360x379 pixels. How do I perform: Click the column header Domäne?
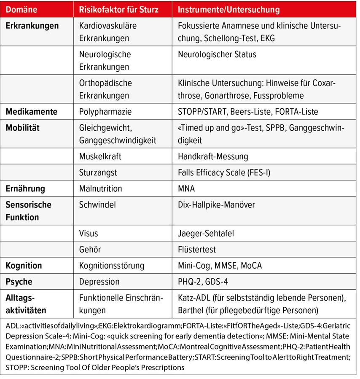[x=21, y=9]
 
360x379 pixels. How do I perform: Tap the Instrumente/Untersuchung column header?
[x=228, y=9]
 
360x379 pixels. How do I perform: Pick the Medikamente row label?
[x=31, y=112]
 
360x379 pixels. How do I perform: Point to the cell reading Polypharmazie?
[x=105, y=112]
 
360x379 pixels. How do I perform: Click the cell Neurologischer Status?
[x=217, y=54]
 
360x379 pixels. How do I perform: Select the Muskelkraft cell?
[x=100, y=156]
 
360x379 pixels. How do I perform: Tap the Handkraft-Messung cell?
[x=213, y=156]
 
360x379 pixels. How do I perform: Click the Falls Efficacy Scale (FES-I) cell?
[x=224, y=172]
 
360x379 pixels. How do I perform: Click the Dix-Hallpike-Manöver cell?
[x=216, y=204]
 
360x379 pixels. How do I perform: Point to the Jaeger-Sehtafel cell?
[x=206, y=233]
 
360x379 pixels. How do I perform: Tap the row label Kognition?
[x=24, y=265]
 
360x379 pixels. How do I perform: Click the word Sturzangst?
[x=98, y=172]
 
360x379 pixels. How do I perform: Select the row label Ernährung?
[x=25, y=188]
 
